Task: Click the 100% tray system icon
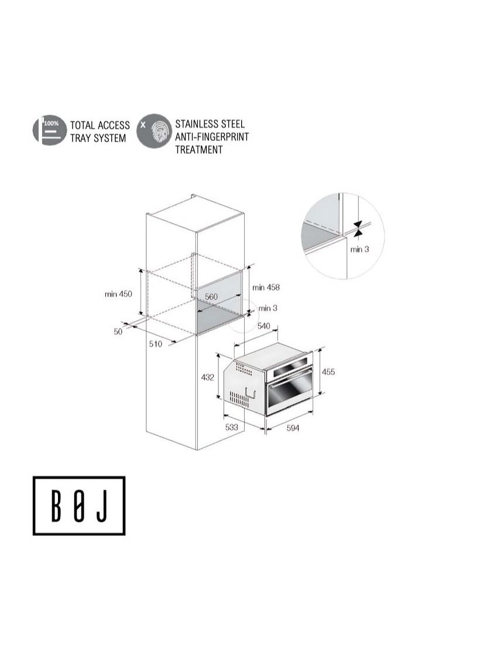[49, 130]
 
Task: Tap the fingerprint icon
[154, 130]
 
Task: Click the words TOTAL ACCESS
[100, 125]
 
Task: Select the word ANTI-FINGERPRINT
[211, 137]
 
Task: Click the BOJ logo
[79, 505]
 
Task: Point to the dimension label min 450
[118, 294]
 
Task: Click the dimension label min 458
[266, 287]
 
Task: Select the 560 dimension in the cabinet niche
[211, 297]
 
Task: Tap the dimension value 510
[155, 344]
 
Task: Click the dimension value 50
[118, 332]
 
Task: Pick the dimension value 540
[264, 325]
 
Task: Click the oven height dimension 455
[328, 372]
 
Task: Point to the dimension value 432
[207, 377]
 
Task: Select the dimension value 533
[232, 428]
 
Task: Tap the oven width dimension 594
[293, 428]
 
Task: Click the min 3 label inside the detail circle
[359, 249]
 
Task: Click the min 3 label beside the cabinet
[268, 308]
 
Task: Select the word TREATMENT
[199, 150]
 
